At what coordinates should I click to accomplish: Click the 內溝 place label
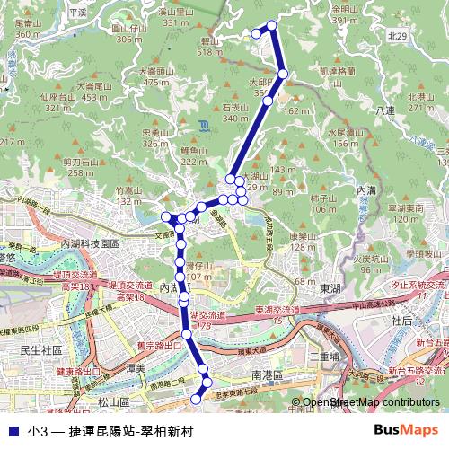[366, 190]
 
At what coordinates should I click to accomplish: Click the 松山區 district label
[114, 403]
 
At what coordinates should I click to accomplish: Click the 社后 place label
[401, 320]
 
